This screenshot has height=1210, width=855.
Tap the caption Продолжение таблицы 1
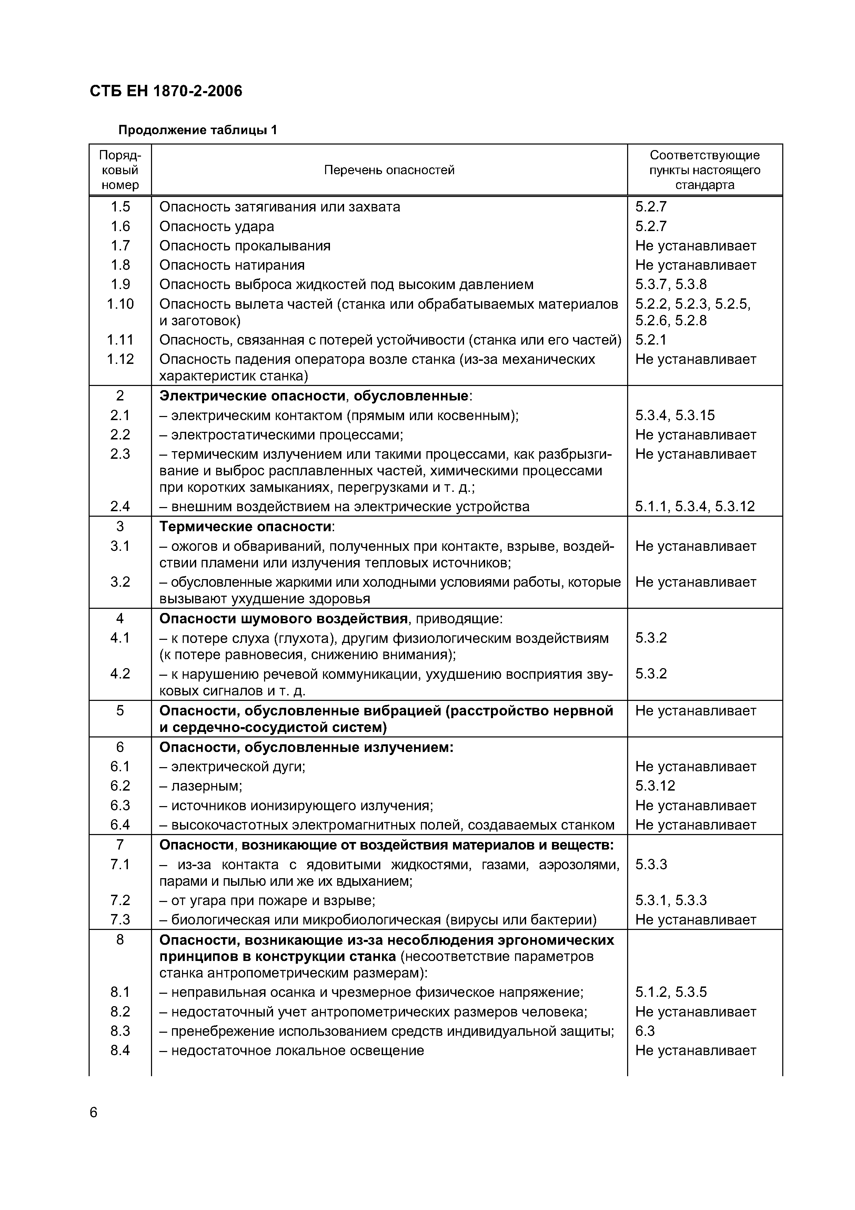click(198, 130)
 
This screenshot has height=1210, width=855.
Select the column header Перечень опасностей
click(389, 170)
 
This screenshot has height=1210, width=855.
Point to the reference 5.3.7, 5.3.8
click(671, 285)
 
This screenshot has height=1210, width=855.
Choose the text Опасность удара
click(217, 227)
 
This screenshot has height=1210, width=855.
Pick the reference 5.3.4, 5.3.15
click(675, 415)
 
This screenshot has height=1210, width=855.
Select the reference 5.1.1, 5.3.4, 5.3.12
click(695, 506)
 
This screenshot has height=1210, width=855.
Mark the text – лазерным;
click(201, 786)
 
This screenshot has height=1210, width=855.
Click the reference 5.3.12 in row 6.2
click(655, 786)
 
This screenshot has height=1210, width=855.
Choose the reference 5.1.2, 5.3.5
click(671, 992)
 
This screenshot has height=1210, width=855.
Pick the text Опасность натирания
click(232, 265)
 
